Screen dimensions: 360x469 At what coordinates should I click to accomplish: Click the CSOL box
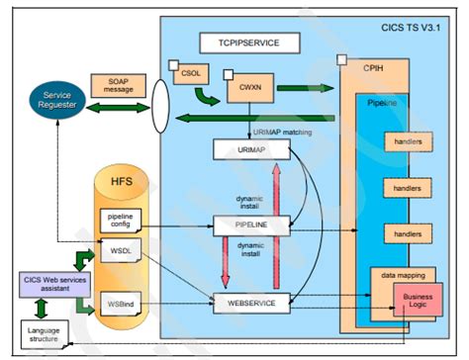(188, 75)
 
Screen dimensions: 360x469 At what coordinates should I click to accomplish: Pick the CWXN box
(242, 88)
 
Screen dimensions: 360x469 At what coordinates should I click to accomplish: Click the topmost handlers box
(405, 141)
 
